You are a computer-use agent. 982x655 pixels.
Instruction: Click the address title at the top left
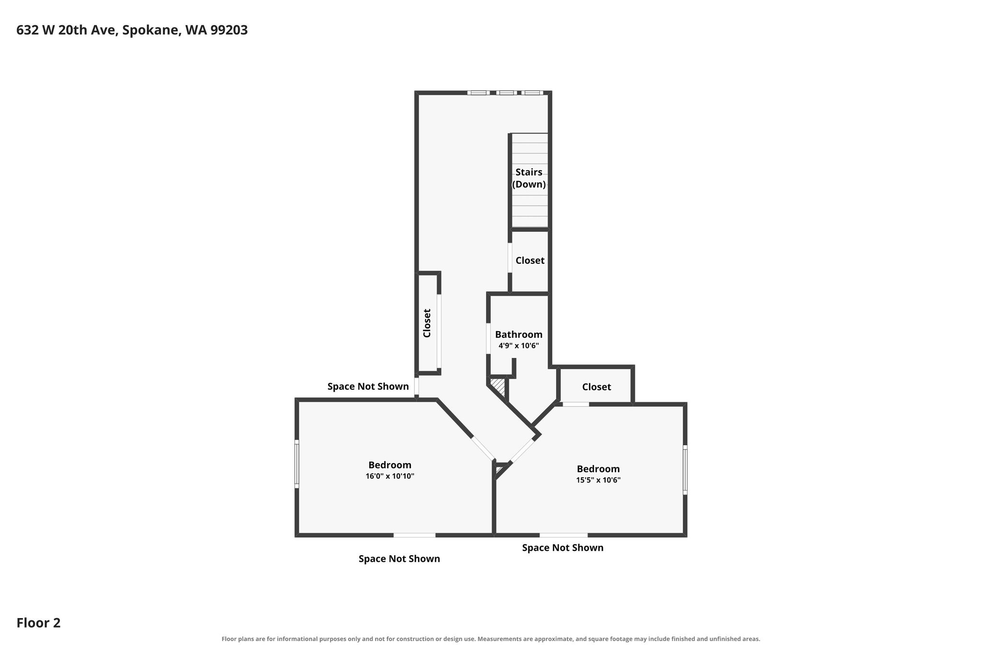pos(132,30)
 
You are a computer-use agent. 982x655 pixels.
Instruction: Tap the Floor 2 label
pos(38,623)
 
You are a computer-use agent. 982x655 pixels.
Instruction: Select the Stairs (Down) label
pos(529,178)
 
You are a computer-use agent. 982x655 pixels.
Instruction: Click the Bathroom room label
pos(519,334)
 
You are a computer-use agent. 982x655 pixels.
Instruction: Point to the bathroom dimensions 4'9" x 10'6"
pos(519,345)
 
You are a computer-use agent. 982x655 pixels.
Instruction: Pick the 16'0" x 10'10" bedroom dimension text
pos(390,476)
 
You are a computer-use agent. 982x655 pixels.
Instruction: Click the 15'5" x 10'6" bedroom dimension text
pos(598,480)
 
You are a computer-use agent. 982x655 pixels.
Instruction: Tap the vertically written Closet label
pos(427,323)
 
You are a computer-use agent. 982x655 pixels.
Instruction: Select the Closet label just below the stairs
pos(530,260)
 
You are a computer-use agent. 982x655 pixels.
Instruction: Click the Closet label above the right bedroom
pos(596,387)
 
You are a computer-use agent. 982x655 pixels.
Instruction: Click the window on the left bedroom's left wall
pos(297,464)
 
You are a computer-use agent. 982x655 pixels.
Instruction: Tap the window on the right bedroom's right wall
pos(685,470)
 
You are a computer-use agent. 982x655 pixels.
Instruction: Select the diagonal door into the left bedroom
pos(483,448)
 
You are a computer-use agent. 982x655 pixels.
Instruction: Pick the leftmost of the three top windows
pos(478,93)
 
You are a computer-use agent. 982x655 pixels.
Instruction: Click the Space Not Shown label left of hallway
pos(368,386)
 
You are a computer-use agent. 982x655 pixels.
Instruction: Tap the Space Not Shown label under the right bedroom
pos(563,548)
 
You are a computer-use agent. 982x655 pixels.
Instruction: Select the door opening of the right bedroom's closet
pos(575,404)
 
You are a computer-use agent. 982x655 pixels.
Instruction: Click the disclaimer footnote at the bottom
pos(491,639)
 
